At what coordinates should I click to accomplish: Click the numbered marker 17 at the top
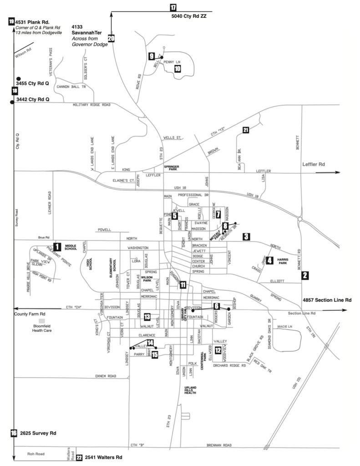point(173,7)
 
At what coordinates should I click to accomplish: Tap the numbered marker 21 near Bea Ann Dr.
point(246,130)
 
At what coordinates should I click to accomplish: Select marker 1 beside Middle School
point(57,247)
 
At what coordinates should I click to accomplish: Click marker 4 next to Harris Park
point(269,261)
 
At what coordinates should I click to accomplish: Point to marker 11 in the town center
point(183,285)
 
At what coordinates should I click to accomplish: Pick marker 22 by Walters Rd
point(79,458)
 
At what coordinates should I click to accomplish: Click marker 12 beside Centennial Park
point(218,350)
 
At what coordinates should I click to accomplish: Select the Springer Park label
point(172,167)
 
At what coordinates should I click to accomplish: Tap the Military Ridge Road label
point(91,105)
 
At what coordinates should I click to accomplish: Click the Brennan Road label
point(219,445)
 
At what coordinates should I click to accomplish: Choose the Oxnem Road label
point(106,376)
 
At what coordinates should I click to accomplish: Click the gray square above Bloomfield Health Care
point(41,321)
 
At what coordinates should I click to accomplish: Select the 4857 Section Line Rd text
point(327,300)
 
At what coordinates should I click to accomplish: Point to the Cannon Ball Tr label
point(71,86)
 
